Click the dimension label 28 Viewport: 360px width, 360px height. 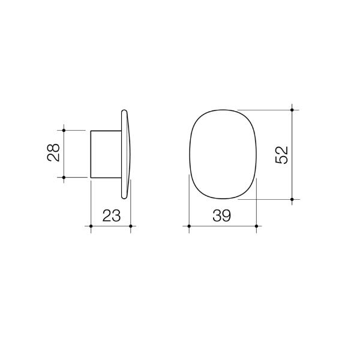click(53, 154)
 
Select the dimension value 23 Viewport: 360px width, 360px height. click(110, 215)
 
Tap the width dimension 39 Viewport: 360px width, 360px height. click(222, 215)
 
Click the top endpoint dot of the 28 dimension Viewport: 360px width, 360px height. click(63, 130)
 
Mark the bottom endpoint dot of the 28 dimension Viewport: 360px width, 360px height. click(63, 178)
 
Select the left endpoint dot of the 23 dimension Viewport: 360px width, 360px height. click(91, 226)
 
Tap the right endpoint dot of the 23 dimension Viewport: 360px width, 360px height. click(131, 226)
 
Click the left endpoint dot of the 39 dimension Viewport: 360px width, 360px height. click(189, 226)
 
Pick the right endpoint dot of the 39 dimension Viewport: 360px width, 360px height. click(256, 226)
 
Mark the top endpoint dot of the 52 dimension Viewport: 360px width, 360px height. click(292, 110)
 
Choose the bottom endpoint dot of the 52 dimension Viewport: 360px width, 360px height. click(292, 199)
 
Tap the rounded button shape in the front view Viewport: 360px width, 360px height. click(223, 154)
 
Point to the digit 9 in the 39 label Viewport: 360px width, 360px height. click(227, 215)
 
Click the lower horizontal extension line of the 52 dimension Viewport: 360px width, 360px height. click(264, 199)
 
